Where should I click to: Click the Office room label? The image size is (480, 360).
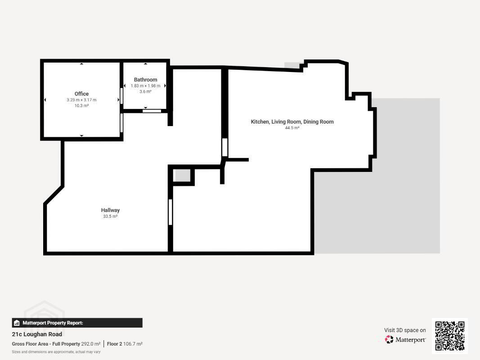coord(81,94)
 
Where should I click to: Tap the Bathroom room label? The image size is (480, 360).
coord(145,80)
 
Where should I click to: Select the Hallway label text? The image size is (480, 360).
coord(110,210)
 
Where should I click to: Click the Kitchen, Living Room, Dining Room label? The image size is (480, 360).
coord(292,121)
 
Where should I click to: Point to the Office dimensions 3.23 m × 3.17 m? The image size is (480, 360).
coord(81,100)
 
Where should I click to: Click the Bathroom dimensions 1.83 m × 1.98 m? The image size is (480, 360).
coord(145,85)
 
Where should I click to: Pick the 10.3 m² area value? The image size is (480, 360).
coord(81,106)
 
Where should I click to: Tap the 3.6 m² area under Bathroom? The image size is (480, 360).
coord(145,91)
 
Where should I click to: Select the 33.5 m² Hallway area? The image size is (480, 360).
coord(110,216)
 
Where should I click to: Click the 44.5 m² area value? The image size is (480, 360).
coord(292,128)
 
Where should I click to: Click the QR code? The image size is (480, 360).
coord(450,336)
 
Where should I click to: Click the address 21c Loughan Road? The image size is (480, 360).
coord(37,334)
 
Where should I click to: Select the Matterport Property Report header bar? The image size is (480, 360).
coord(77,323)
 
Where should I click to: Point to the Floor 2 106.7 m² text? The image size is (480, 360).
coord(125,344)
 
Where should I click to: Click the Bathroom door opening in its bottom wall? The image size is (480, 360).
coord(152,111)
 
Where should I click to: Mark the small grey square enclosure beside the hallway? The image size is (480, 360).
coord(182,175)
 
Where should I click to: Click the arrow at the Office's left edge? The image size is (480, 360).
coord(45,100)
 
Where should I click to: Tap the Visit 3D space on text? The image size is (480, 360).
coord(405,330)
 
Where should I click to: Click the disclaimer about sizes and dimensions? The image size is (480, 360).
coord(56,352)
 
